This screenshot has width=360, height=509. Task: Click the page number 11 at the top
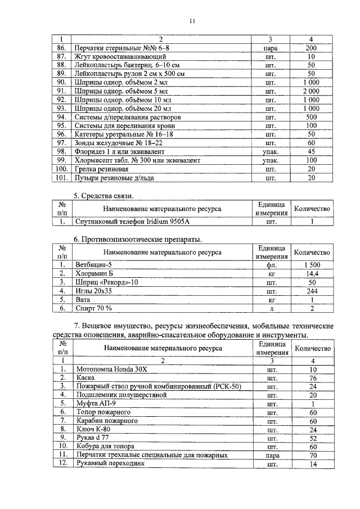point(191,21)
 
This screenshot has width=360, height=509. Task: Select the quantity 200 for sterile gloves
point(311,48)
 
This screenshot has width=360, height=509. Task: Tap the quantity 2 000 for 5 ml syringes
point(311,91)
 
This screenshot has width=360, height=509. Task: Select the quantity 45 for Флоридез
point(311,151)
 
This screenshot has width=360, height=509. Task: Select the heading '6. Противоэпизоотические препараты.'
point(138,240)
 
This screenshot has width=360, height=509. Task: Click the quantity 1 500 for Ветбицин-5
point(311,264)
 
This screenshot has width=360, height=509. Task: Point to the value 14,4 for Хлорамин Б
point(311,273)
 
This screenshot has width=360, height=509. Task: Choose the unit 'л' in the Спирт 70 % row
point(271,308)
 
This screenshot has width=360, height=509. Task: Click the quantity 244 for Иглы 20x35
point(311,291)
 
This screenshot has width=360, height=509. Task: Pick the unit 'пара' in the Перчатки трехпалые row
point(271,454)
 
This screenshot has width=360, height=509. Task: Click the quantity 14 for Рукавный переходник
point(313,464)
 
